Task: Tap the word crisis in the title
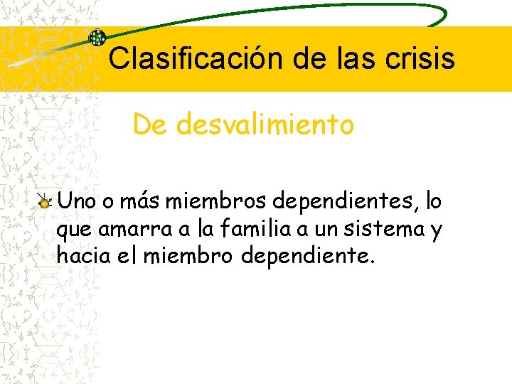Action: (420, 58)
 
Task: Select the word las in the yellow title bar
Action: (358, 58)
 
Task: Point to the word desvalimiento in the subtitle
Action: (265, 125)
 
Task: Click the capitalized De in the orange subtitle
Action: (149, 125)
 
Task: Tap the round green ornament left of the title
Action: (97, 38)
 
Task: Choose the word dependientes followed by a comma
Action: (335, 203)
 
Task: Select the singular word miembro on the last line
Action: (188, 255)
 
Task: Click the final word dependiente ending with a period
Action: (307, 255)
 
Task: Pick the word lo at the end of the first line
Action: (433, 202)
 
